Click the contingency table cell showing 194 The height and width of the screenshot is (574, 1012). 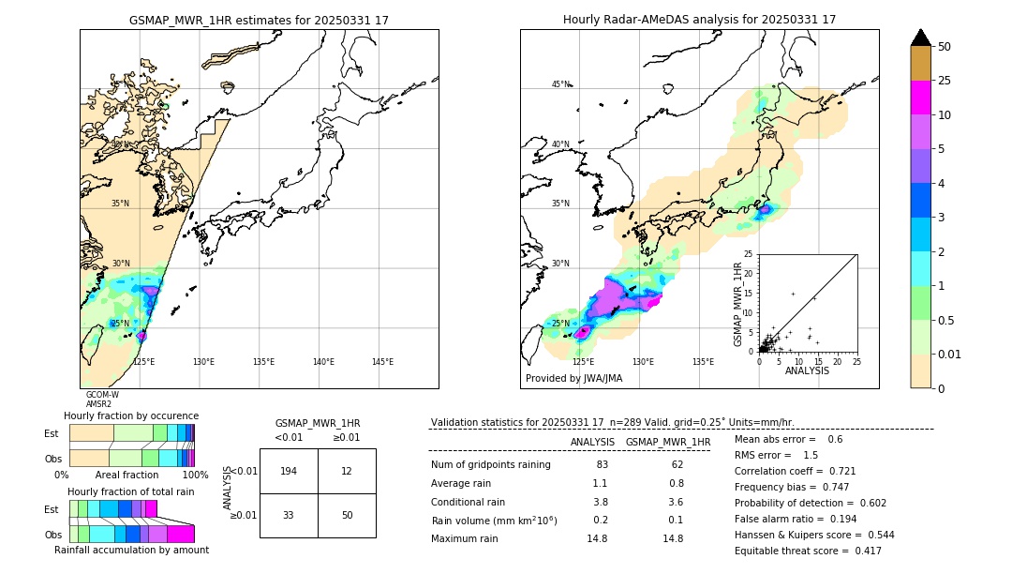pos(289,471)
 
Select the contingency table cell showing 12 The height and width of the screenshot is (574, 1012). pos(347,471)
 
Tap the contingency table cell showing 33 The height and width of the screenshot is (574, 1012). pos(289,515)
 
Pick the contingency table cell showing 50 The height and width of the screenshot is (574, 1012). pos(347,515)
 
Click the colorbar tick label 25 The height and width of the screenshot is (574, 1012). pos(945,81)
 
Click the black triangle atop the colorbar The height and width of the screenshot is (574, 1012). pos(920,38)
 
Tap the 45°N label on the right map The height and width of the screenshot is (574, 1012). pos(560,85)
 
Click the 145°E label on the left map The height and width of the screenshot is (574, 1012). pos(382,362)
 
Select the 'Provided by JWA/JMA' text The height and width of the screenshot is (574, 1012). pos(573,379)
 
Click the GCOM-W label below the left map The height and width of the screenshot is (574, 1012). pos(102,395)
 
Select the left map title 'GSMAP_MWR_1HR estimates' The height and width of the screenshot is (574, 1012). pos(259,20)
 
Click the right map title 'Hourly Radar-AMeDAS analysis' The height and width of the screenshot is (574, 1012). pos(699,20)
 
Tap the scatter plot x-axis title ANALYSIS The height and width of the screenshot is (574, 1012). pos(808,370)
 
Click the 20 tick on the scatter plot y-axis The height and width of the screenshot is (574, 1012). pos(749,273)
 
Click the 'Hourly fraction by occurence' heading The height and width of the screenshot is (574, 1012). pos(131,415)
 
